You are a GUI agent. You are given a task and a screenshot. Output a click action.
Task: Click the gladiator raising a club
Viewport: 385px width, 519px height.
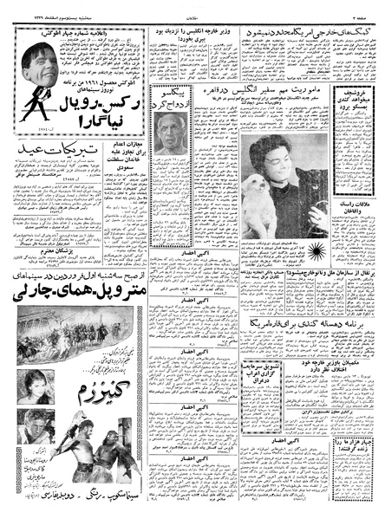click(x=125, y=438)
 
